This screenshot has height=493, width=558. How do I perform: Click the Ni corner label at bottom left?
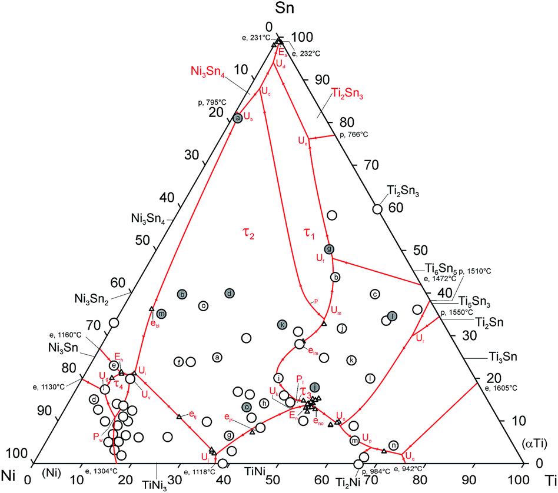pos(12,475)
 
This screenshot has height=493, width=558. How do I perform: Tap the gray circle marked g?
pos(330,249)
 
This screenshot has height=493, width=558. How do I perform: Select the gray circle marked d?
pos(230,293)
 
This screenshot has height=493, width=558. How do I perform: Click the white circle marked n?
pos(393,445)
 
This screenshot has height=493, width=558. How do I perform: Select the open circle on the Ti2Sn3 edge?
pos(377,209)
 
